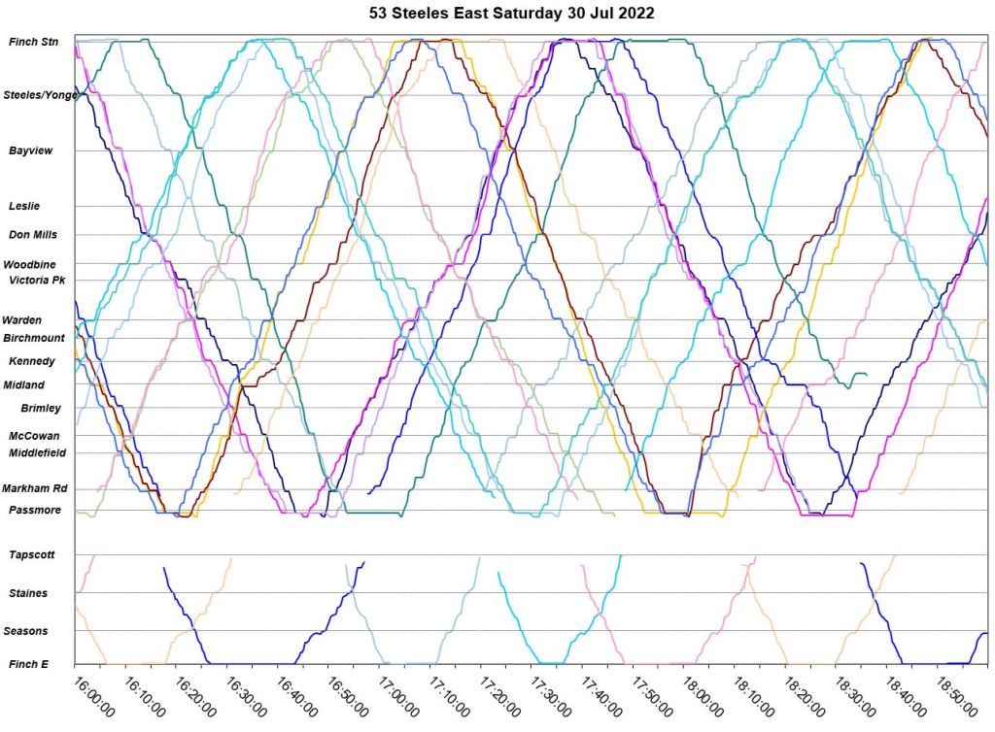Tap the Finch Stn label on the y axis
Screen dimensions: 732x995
pos(33,42)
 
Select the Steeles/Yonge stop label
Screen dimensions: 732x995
pos(39,95)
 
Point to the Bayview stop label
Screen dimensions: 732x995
pos(31,150)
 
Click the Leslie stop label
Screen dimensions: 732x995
pos(24,206)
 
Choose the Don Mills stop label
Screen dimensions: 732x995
pos(33,234)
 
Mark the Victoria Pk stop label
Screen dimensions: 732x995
pos(36,280)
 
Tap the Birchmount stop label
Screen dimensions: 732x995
pos(34,338)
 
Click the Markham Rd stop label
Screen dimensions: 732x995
pos(33,488)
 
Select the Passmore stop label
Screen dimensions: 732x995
pos(35,510)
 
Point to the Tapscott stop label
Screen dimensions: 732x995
pos(32,554)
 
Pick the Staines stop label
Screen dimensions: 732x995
pos(28,592)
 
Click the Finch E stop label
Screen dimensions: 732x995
pos(29,664)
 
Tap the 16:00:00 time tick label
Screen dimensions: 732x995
pos(94,695)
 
